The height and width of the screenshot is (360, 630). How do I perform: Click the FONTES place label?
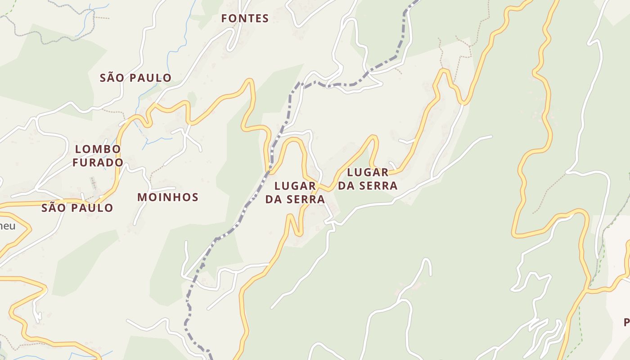pos(245,18)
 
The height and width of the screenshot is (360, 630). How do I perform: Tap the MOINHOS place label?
pos(168,197)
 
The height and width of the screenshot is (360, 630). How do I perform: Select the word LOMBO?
pos(98,149)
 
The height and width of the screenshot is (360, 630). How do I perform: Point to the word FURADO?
pos(98,162)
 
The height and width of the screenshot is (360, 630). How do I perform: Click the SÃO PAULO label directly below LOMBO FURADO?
pos(77,208)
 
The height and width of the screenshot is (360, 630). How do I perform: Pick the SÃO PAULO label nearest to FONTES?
pos(135,77)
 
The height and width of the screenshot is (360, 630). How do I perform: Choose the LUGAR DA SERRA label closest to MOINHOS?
pos(295,192)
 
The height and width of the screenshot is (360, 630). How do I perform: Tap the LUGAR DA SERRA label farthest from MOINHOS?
pos(368,179)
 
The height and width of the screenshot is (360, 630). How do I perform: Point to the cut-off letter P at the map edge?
pos(626,322)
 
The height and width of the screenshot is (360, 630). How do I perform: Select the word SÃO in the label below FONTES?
pos(111,77)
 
